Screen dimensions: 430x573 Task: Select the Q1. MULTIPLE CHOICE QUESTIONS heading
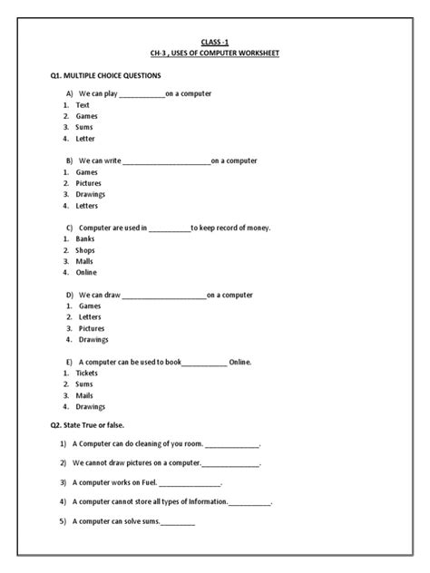click(x=105, y=77)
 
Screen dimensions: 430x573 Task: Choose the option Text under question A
click(x=83, y=105)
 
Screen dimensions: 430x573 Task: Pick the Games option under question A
click(x=87, y=116)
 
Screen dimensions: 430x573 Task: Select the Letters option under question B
click(x=89, y=205)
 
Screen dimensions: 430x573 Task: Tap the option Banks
click(x=85, y=238)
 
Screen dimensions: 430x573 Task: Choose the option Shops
click(x=86, y=249)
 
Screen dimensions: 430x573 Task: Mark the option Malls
click(x=85, y=261)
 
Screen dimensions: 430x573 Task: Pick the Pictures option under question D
click(x=93, y=328)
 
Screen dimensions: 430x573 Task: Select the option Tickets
click(x=87, y=373)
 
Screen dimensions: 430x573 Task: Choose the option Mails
click(x=85, y=395)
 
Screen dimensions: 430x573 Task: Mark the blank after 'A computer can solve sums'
click(x=178, y=521)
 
